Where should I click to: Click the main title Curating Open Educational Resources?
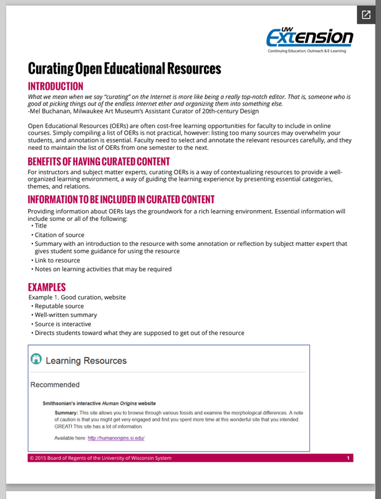coord(125,69)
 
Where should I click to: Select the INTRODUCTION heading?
coord(55,87)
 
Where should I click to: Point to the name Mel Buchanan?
coord(55,112)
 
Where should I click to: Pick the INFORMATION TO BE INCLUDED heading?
coord(121,200)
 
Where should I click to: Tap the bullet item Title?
coord(41,226)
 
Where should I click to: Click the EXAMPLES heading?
coord(47,288)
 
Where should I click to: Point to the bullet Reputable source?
coord(59,306)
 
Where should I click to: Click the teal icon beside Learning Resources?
coord(36,359)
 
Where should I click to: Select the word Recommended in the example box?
coord(55,385)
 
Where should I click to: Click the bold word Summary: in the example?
coord(66,413)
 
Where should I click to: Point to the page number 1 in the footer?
coord(348,458)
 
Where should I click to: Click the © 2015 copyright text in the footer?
coord(100,458)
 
